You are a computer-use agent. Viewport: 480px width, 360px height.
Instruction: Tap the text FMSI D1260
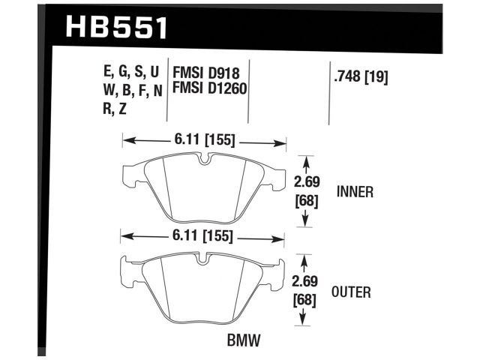click(210, 90)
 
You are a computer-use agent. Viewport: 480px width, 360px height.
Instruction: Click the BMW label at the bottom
click(243, 341)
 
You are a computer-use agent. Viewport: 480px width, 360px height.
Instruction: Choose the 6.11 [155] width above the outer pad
click(201, 237)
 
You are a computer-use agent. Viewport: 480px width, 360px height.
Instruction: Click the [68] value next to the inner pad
click(304, 201)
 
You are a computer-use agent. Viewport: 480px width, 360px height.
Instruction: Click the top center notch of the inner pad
click(204, 160)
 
